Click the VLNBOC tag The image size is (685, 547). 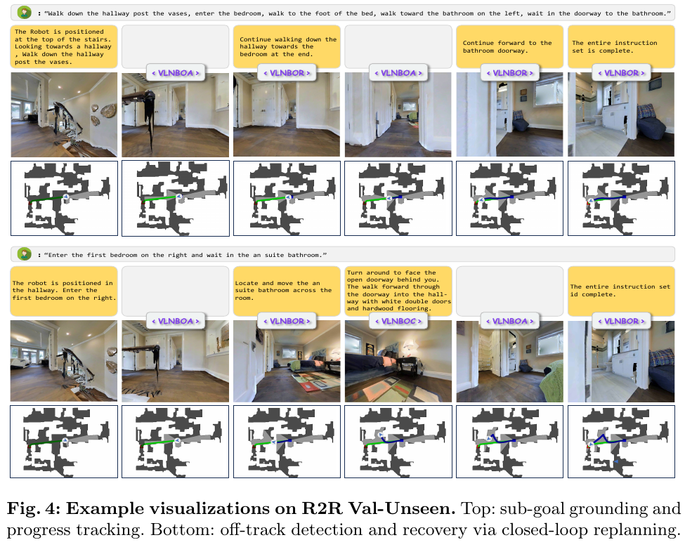[x=398, y=321]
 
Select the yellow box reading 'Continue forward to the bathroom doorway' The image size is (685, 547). [x=509, y=47]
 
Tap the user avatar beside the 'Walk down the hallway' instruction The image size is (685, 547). [x=25, y=13]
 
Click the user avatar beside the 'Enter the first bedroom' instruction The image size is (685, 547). [x=25, y=254]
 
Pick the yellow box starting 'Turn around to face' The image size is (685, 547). [x=398, y=291]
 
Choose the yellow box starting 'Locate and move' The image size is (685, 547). [x=287, y=291]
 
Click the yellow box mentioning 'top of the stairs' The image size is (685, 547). [x=64, y=47]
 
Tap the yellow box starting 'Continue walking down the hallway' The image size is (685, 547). [x=287, y=47]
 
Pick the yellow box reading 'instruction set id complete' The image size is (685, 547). [x=621, y=291]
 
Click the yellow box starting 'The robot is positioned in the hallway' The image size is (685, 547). [x=64, y=291]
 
